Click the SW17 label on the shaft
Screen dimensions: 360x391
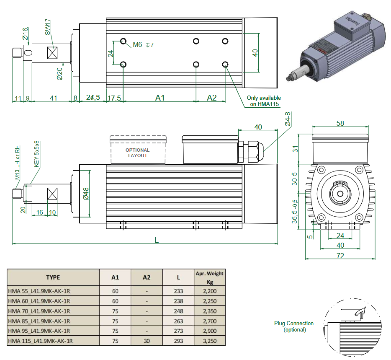[x=48, y=26]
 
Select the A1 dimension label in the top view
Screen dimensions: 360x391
[x=160, y=98]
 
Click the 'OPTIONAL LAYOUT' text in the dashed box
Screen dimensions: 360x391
[x=137, y=153]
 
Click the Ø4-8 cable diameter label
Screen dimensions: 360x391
[x=288, y=119]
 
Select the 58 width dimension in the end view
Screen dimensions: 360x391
[x=340, y=123]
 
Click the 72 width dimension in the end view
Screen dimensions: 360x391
[x=340, y=255]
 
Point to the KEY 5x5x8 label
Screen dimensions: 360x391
[x=36, y=154]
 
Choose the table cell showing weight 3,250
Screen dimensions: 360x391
[x=209, y=341]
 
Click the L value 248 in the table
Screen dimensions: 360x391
[x=178, y=311]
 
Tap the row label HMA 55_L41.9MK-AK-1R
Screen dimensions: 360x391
[x=39, y=291]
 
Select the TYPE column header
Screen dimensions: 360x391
[x=53, y=277]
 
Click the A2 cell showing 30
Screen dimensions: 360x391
[x=147, y=341]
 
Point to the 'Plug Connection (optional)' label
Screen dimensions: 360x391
[x=294, y=326]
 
